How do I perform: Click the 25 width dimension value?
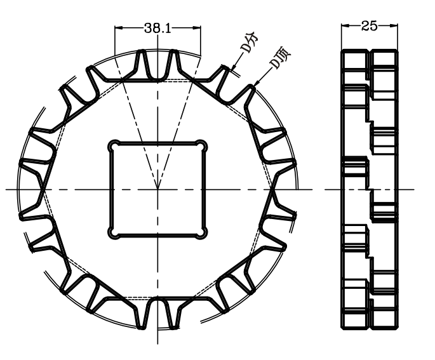click(370, 26)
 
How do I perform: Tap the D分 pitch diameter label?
click(251, 50)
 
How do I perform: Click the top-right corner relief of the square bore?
click(203, 144)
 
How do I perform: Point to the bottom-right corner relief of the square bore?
click(203, 234)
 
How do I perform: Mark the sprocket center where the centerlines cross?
click(157, 189)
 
